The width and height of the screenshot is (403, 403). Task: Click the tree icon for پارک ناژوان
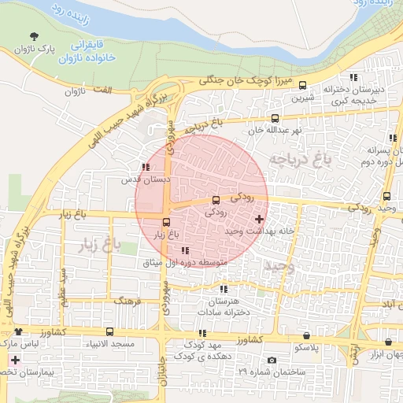pos(33,36)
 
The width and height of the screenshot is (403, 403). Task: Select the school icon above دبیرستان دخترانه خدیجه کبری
pos(353,77)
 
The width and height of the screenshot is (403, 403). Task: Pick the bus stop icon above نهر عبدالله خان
pos(274,119)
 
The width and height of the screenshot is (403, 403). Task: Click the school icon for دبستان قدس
pos(145,167)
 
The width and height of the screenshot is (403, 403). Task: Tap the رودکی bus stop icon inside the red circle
pos(216,201)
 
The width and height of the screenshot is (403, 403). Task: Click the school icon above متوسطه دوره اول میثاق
pos(185,251)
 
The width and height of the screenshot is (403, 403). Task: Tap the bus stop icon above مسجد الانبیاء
pos(109,331)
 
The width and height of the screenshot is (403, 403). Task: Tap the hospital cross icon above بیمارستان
pos(14,359)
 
